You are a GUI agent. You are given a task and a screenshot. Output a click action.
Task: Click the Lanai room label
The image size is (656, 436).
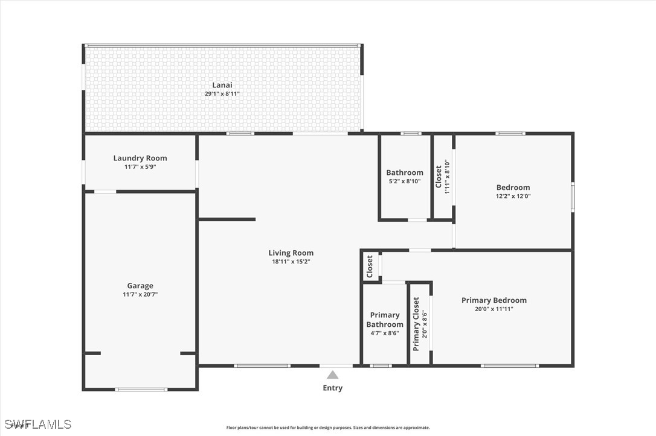222,85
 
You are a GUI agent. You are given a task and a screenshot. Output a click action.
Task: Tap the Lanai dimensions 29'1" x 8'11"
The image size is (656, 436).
222,94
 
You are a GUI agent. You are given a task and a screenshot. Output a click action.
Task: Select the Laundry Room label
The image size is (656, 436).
140,158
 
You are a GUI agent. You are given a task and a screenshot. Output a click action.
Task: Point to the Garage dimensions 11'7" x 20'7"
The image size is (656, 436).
140,294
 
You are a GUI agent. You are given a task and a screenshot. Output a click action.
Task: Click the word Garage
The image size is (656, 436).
140,286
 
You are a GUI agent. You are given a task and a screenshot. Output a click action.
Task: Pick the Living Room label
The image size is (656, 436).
291,253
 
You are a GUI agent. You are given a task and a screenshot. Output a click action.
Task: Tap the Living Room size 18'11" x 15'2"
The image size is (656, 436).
291,262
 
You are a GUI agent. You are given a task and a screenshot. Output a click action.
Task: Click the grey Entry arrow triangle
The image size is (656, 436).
333,374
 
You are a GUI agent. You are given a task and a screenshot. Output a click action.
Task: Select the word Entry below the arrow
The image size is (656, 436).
333,388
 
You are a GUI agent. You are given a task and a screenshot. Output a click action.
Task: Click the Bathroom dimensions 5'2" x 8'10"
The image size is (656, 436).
405,182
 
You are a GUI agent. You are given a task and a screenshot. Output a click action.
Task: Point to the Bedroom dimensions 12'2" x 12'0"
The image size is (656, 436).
513,196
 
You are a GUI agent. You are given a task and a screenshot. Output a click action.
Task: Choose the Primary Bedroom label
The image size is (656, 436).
494,300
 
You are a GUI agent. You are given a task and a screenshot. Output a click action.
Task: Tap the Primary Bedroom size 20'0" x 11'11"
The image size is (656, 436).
494,309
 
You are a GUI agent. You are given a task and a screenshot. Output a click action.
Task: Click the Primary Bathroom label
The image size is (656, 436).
385,320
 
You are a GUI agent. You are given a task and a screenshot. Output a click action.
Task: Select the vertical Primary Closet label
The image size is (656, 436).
416,324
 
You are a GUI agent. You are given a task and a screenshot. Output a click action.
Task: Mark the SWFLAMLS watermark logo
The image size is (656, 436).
38,425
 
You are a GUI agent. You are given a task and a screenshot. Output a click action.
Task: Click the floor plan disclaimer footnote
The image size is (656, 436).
328,428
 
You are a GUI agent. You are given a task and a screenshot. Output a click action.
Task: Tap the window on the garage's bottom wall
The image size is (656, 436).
141,390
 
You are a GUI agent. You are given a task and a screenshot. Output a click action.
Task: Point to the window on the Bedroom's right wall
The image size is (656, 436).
573,195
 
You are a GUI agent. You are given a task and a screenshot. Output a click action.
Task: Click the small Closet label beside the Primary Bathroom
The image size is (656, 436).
370,267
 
